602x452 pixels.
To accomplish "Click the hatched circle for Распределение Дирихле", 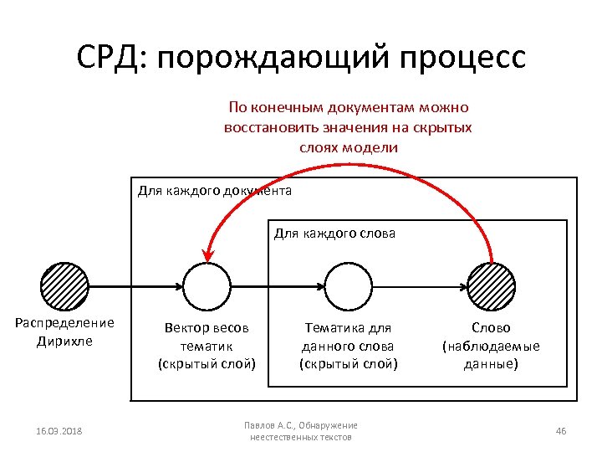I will coord(66,286).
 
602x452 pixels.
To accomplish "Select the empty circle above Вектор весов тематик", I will coord(207,286).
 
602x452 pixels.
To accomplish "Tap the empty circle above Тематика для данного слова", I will coord(348,286).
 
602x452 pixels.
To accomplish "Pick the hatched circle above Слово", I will coord(490,286).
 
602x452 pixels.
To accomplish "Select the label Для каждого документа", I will coord(214,191).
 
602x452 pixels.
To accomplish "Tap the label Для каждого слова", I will coord(334,233).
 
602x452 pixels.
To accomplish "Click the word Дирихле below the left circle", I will coord(65,342).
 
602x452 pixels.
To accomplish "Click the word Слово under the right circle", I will coord(491,328).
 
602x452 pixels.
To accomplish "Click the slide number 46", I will coord(560,431).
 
